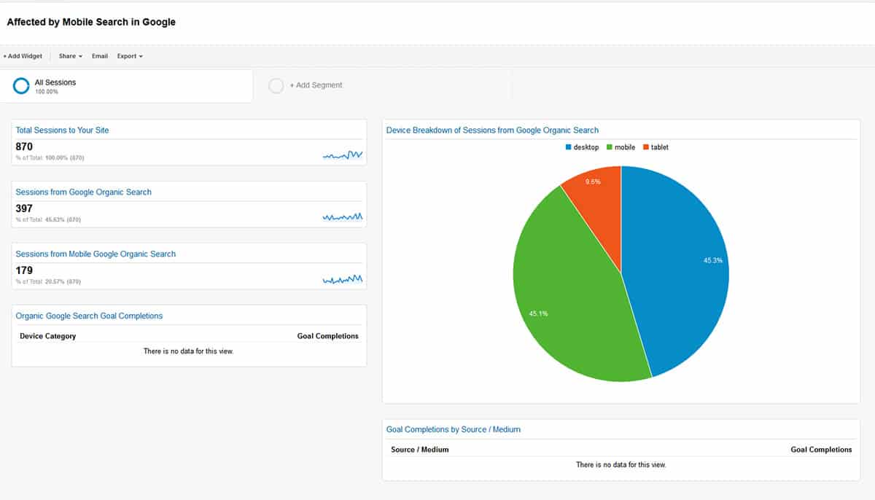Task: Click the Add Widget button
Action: pos(23,56)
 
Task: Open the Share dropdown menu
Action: pos(70,56)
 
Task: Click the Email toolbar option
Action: pos(100,56)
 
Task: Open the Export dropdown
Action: pos(130,56)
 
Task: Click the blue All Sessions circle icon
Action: pos(21,86)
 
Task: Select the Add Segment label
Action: pos(316,85)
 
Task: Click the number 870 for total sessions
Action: pos(24,147)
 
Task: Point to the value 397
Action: pos(24,208)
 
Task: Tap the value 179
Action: pos(24,270)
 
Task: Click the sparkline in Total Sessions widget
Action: pos(343,155)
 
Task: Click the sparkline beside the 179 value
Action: pos(343,279)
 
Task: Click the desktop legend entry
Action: pos(582,147)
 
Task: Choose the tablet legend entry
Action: pos(655,147)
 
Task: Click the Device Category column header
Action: pos(47,336)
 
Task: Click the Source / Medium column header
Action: pos(419,450)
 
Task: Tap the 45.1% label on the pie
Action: pos(538,313)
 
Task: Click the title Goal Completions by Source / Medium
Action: pos(453,429)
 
